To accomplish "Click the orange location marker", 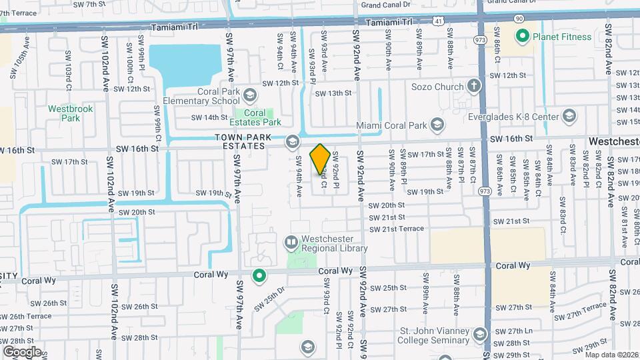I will (x=320, y=159).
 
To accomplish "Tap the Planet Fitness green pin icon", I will (x=523, y=35).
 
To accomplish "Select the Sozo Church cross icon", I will (x=473, y=86).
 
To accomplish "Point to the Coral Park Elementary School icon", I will (x=249, y=95).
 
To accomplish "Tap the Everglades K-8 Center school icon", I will (x=569, y=117).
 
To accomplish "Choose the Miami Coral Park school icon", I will (x=437, y=124).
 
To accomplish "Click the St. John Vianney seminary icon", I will (x=479, y=334).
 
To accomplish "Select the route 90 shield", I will (x=518, y=20).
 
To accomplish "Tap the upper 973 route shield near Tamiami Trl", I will (x=479, y=41).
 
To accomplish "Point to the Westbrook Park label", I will (x=70, y=113).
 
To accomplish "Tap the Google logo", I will (x=22, y=351).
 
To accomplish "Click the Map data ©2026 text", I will (x=612, y=355).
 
